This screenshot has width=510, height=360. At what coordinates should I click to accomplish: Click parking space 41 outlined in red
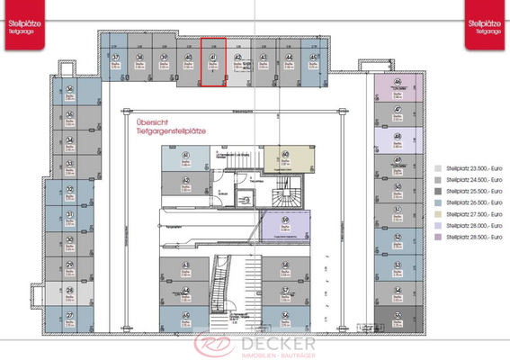(212, 63)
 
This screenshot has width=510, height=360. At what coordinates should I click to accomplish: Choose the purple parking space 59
(284, 225)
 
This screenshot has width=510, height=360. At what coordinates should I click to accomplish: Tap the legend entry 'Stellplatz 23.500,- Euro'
(467, 168)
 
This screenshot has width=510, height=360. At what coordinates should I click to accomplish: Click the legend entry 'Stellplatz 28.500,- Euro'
(467, 237)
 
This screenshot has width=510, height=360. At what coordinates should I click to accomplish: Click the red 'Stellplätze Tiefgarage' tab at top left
(20, 19)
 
